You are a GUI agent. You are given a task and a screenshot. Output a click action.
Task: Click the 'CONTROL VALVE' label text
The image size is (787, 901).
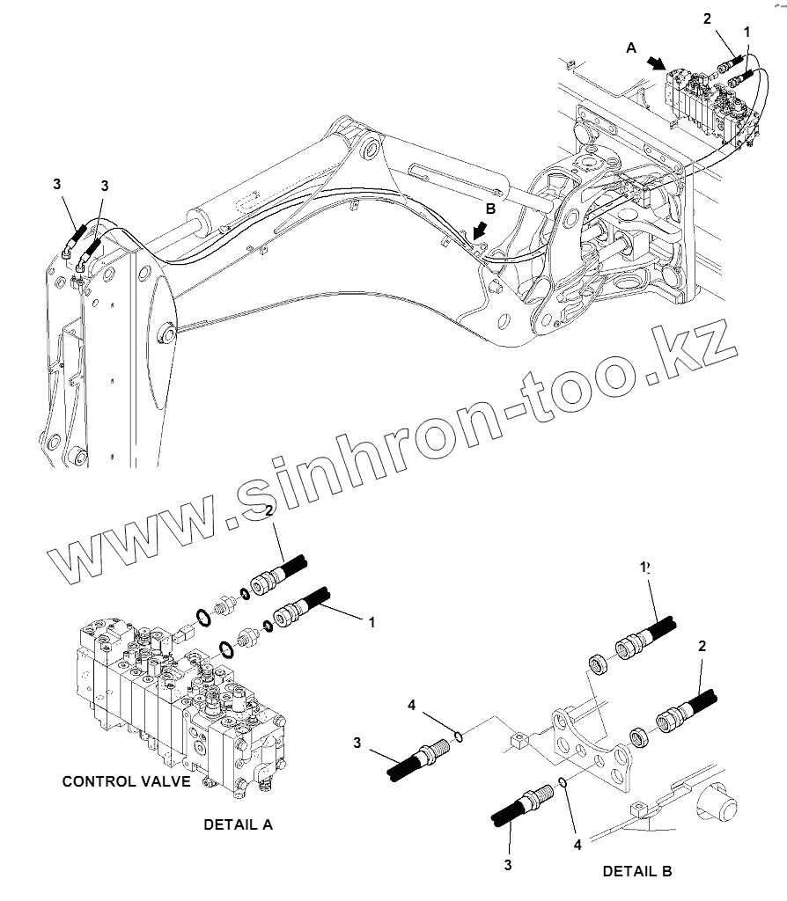pos(126,781)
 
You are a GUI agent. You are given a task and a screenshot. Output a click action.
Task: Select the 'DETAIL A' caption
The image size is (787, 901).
pos(238,824)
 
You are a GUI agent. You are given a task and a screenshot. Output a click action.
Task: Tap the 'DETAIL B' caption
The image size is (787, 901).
pos(637,871)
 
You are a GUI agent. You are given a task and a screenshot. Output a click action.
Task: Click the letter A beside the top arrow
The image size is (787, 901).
pos(631,50)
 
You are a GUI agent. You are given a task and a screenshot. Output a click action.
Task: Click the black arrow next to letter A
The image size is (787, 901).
pos(657,63)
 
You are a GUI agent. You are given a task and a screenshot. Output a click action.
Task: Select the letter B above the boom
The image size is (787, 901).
pos(491,209)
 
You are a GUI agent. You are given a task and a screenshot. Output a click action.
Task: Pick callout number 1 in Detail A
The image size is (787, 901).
pos(371,622)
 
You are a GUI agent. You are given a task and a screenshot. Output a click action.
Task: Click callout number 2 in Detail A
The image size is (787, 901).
pos(269,511)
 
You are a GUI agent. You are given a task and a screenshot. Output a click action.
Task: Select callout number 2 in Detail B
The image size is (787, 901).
pos(702,647)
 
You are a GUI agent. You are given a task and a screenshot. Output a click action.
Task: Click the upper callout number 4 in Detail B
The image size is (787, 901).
pos(411,705)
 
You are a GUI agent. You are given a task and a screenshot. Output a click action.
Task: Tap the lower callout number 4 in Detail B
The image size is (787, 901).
pos(577,845)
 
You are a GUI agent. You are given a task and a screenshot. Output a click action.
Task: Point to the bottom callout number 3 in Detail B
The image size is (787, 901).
pos(508,865)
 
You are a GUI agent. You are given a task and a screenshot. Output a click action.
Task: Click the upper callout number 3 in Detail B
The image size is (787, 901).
pos(357,743)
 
